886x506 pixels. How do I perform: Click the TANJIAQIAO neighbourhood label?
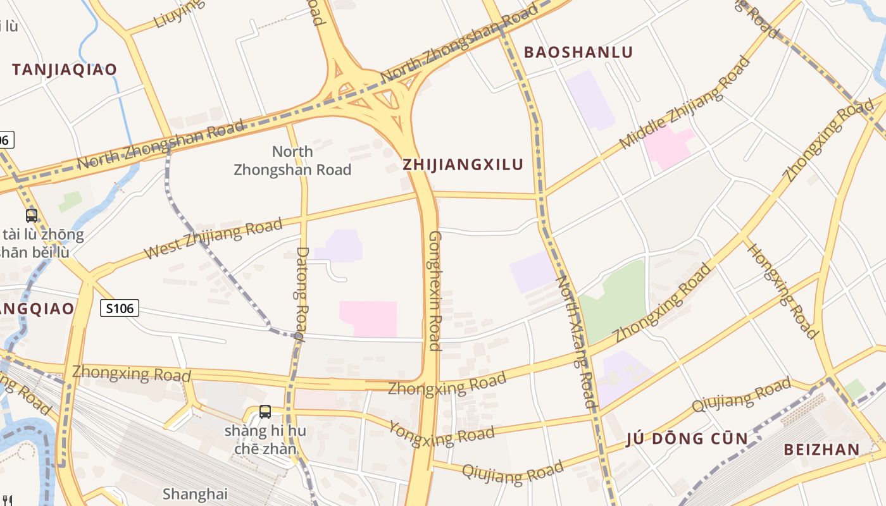tap(65, 70)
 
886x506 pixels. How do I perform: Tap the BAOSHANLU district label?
tap(578, 52)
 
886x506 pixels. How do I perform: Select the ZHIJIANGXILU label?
tap(463, 165)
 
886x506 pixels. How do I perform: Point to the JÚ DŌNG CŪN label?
tap(687, 439)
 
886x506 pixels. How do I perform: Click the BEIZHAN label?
tap(821, 450)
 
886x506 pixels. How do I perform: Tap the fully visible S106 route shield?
tap(120, 309)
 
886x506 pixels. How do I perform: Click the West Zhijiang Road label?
tap(213, 238)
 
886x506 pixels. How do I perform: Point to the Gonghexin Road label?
tap(435, 290)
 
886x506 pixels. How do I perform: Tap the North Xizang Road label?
tap(575, 342)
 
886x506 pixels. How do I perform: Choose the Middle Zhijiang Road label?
tap(684, 104)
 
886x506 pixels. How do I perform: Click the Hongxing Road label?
tap(783, 290)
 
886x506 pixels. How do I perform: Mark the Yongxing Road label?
tap(441, 433)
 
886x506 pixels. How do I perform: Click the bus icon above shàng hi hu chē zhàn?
tap(265, 412)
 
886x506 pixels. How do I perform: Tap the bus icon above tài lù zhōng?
tap(32, 216)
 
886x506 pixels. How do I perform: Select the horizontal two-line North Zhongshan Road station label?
tap(292, 161)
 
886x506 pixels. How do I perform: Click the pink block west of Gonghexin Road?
tap(368, 318)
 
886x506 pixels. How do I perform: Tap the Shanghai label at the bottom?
tap(194, 493)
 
